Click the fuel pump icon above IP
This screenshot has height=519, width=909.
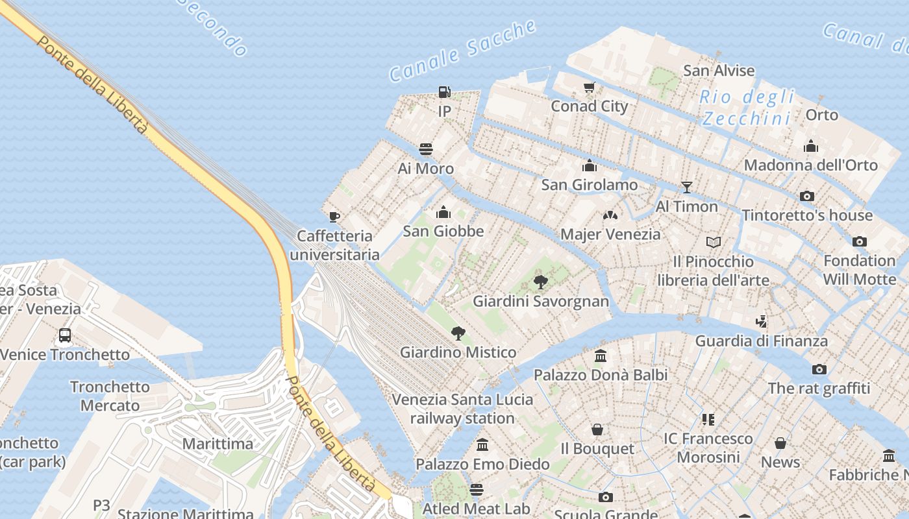(444, 92)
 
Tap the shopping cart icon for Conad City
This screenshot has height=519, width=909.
(589, 88)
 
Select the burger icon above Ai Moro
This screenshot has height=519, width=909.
(426, 149)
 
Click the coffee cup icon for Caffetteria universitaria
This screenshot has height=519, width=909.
(334, 217)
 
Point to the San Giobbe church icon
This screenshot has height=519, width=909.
(443, 212)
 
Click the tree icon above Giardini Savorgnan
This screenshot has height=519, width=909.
(540, 282)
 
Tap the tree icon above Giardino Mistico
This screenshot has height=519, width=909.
(458, 333)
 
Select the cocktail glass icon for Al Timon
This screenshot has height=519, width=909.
(686, 187)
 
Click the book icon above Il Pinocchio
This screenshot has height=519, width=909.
(713, 243)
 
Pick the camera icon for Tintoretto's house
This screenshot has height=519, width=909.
(806, 196)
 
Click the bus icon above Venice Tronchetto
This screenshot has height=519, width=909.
(65, 335)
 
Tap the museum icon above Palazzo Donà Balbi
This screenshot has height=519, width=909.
(601, 356)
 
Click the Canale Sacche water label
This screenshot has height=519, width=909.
(463, 51)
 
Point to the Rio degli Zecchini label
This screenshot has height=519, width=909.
(747, 108)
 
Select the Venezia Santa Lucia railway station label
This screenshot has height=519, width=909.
(462, 409)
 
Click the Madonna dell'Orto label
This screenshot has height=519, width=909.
(810, 165)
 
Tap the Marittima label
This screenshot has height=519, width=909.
(218, 444)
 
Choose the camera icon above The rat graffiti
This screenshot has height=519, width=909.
(819, 369)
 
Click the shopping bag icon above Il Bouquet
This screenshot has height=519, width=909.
(597, 429)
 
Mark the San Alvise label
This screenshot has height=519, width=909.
(719, 70)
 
